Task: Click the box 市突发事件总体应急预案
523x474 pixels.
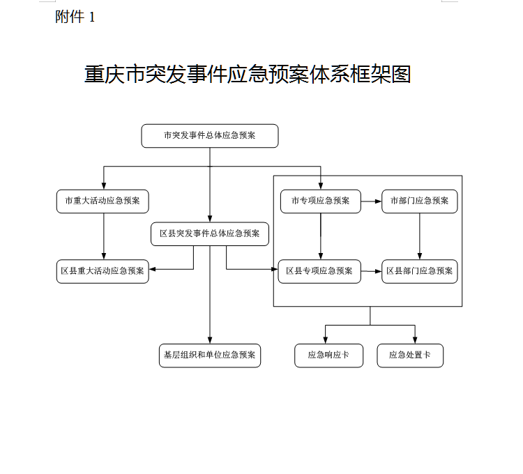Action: (210, 136)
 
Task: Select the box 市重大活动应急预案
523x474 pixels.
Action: (103, 201)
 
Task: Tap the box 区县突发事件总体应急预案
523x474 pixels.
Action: (210, 234)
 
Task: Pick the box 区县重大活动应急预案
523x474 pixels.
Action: (103, 271)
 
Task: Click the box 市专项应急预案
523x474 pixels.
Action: (321, 201)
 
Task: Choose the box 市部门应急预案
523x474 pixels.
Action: (420, 201)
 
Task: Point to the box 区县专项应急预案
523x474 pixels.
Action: (319, 271)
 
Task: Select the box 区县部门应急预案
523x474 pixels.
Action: (420, 271)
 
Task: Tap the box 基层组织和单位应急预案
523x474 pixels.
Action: (210, 355)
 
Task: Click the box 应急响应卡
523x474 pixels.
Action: (329, 355)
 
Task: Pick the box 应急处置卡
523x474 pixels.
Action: (410, 355)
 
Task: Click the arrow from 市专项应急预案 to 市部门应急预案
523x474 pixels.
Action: (371, 201)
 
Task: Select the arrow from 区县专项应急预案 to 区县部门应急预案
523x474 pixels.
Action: (371, 271)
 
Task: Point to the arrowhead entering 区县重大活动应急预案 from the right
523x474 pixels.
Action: (152, 269)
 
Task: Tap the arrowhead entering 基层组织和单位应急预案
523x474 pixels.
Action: (210, 340)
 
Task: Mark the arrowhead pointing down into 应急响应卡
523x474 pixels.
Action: (326, 340)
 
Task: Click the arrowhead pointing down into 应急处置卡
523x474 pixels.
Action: (415, 340)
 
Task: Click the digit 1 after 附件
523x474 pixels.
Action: (92, 17)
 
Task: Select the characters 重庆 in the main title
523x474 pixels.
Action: (105, 74)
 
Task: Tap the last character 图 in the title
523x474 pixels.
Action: (401, 74)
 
